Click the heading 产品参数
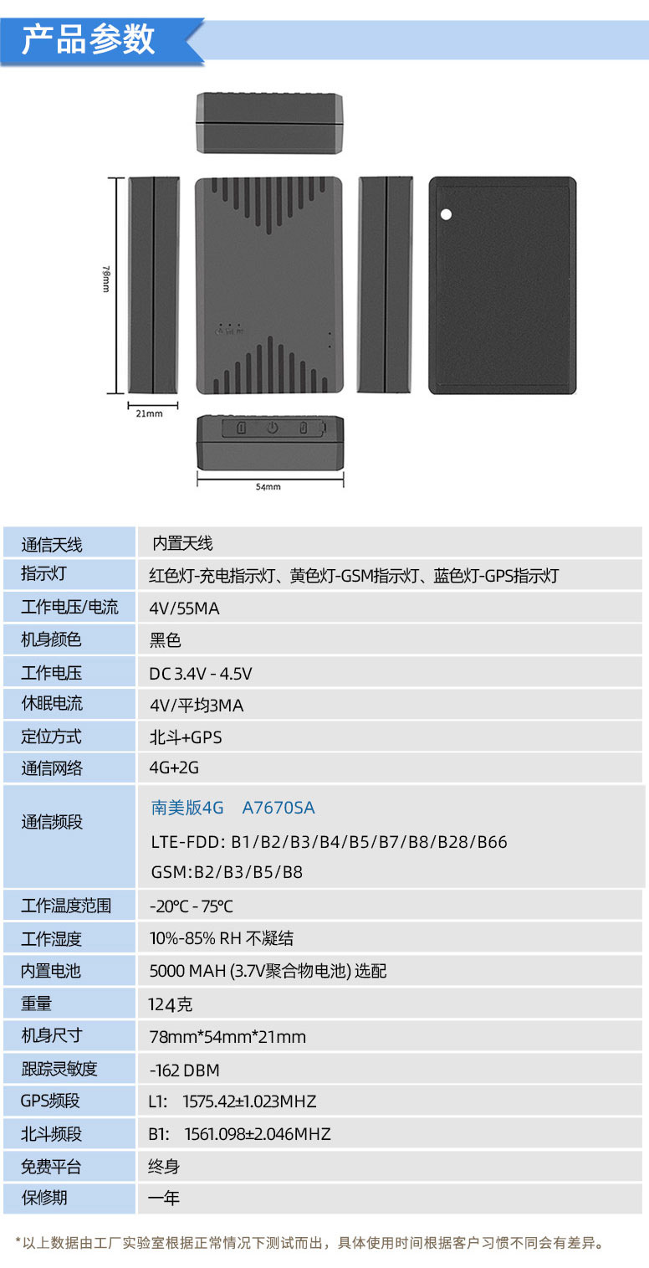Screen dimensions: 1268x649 [x=89, y=39]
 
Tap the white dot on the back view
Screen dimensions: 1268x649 [x=446, y=214]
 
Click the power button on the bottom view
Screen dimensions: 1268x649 [x=272, y=429]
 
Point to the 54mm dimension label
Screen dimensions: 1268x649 [x=268, y=486]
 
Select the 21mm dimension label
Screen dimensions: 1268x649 [x=149, y=413]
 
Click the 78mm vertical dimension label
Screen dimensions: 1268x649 [x=106, y=279]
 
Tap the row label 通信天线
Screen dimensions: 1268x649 [x=52, y=544]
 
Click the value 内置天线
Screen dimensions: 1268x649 [x=182, y=544]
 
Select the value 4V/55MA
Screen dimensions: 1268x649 [x=184, y=608]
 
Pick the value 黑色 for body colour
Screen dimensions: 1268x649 [x=166, y=640]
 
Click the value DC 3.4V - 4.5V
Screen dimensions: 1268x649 [x=201, y=673]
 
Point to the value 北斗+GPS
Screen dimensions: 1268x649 [x=186, y=737]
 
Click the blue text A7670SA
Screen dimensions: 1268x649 [x=279, y=808]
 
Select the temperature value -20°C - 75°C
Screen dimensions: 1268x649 [x=192, y=906]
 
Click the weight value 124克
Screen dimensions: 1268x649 [x=171, y=1004]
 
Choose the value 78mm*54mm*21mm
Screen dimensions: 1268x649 [x=227, y=1037]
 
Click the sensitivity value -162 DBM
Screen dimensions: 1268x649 [x=185, y=1070]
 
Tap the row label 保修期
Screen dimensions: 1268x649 [x=44, y=1198]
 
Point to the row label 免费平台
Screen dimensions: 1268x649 [x=52, y=1166]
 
